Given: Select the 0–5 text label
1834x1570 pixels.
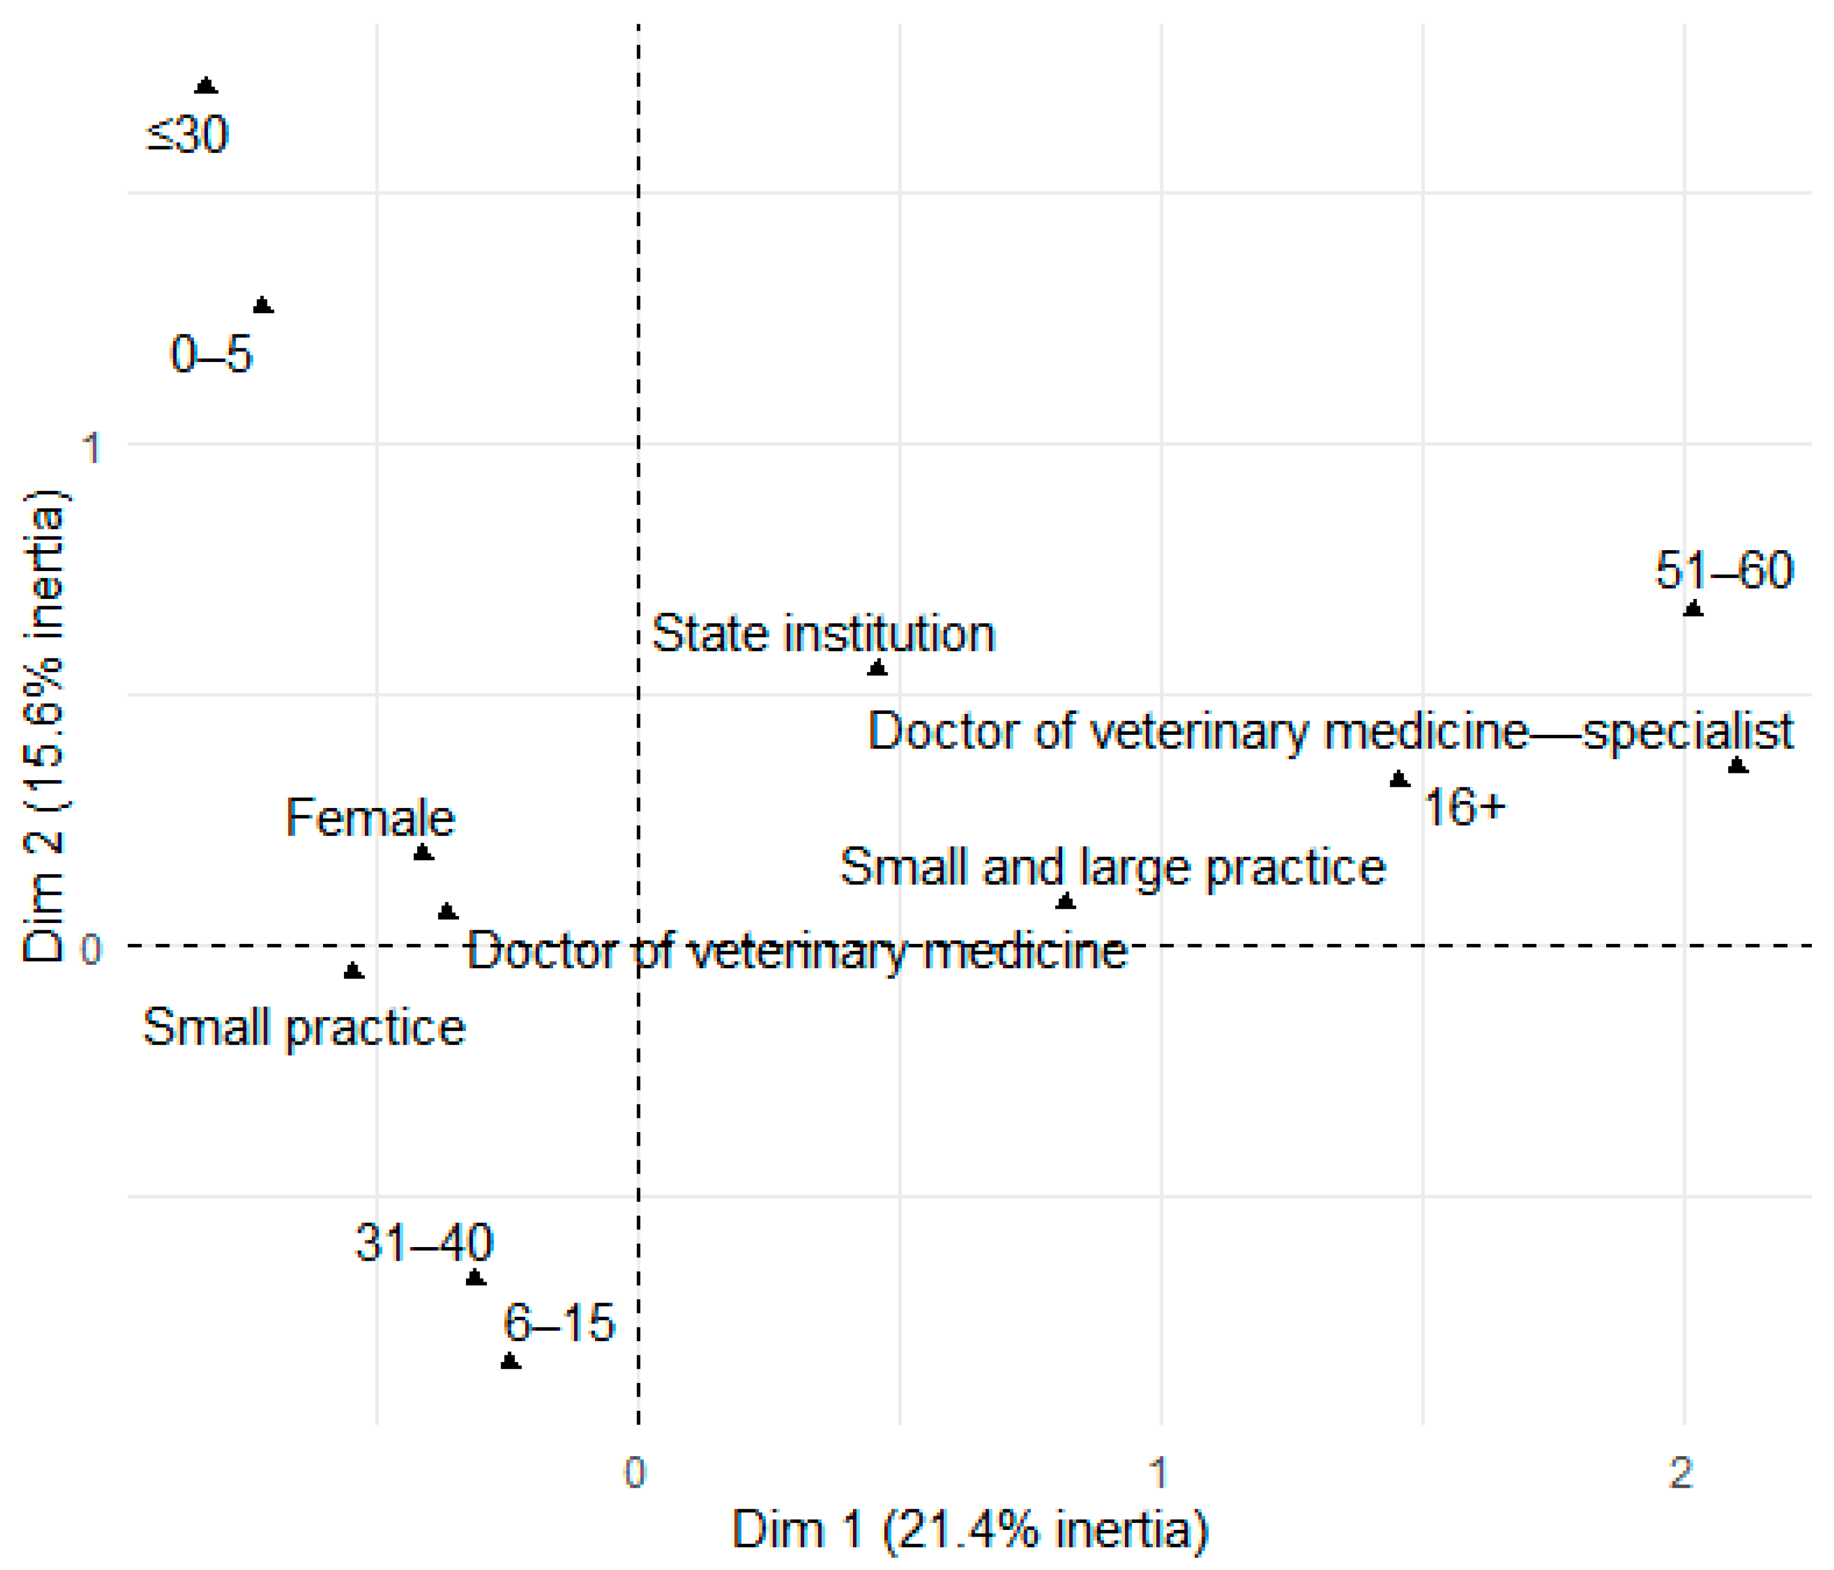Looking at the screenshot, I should [211, 355].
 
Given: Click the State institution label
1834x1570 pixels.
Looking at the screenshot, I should [823, 635].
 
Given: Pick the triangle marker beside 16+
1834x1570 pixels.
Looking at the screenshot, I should [1399, 780].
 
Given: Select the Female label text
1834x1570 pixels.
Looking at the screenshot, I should [370, 818].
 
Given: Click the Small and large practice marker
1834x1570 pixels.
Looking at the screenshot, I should [1065, 902].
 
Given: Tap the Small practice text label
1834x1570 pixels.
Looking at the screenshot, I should [304, 1027].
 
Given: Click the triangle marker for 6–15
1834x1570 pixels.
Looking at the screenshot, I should [510, 1361].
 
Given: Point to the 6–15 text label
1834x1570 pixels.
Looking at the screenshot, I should [558, 1324].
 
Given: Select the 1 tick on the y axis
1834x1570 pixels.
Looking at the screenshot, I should [91, 448].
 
